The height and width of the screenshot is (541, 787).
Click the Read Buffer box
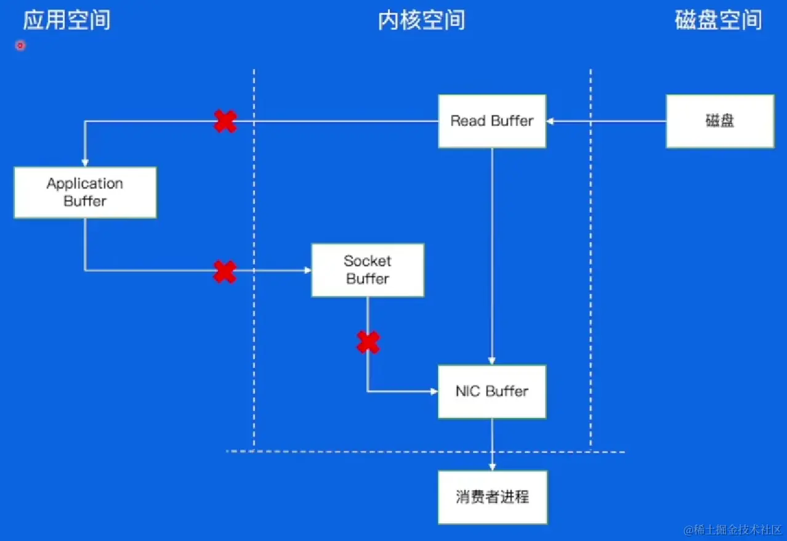tap(491, 121)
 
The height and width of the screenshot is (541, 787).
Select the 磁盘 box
tap(719, 121)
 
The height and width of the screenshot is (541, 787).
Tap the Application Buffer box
tap(85, 192)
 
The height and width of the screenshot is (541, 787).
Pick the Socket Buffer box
tap(367, 270)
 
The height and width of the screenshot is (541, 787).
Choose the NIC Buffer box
tap(491, 391)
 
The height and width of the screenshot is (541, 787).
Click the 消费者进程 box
tap(492, 497)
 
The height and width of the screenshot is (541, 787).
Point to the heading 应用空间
tap(67, 20)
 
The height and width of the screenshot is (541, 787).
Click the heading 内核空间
tap(421, 20)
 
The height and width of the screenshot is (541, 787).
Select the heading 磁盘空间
tap(718, 20)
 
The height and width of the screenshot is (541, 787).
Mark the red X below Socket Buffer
tap(368, 342)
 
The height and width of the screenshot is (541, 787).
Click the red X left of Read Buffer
tap(225, 121)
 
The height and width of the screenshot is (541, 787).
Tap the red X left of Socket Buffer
tap(225, 271)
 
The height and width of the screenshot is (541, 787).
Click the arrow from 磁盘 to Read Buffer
tap(607, 121)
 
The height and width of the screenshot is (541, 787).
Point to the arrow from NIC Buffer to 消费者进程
tap(491, 445)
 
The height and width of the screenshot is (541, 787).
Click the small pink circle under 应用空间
tap(20, 45)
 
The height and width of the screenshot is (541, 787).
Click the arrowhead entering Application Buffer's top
tap(85, 162)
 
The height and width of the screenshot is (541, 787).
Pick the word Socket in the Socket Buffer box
tap(367, 261)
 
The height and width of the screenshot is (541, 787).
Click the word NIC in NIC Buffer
tap(467, 391)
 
